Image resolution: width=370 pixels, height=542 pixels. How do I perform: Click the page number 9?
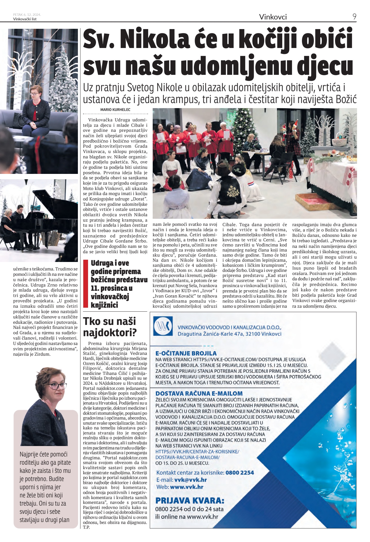[x=354, y=17]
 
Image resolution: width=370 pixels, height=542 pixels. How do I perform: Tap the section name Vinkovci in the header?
[x=273, y=17]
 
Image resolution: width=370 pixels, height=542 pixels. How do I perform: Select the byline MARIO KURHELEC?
[x=115, y=110]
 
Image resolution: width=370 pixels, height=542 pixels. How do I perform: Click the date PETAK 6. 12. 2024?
[x=27, y=15]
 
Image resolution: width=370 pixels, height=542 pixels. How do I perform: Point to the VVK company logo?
[x=163, y=326]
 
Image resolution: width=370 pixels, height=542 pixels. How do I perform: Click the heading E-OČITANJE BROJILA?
[x=186, y=353]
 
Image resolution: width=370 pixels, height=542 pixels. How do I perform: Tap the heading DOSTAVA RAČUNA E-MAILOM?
[x=199, y=393]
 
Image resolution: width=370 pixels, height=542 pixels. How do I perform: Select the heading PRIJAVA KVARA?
[x=190, y=501]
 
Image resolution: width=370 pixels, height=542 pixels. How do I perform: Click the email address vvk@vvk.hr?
[x=191, y=480]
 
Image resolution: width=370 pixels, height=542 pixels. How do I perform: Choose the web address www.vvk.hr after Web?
[x=187, y=487]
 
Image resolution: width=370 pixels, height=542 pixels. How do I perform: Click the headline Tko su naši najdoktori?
[x=110, y=327]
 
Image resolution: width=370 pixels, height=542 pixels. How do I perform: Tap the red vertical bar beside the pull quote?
[x=86, y=283]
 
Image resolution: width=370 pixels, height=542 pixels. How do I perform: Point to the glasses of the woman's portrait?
[x=56, y=386]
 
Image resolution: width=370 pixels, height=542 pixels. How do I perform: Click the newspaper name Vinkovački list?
[x=25, y=19]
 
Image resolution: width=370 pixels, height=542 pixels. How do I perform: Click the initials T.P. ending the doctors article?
[x=86, y=527]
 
